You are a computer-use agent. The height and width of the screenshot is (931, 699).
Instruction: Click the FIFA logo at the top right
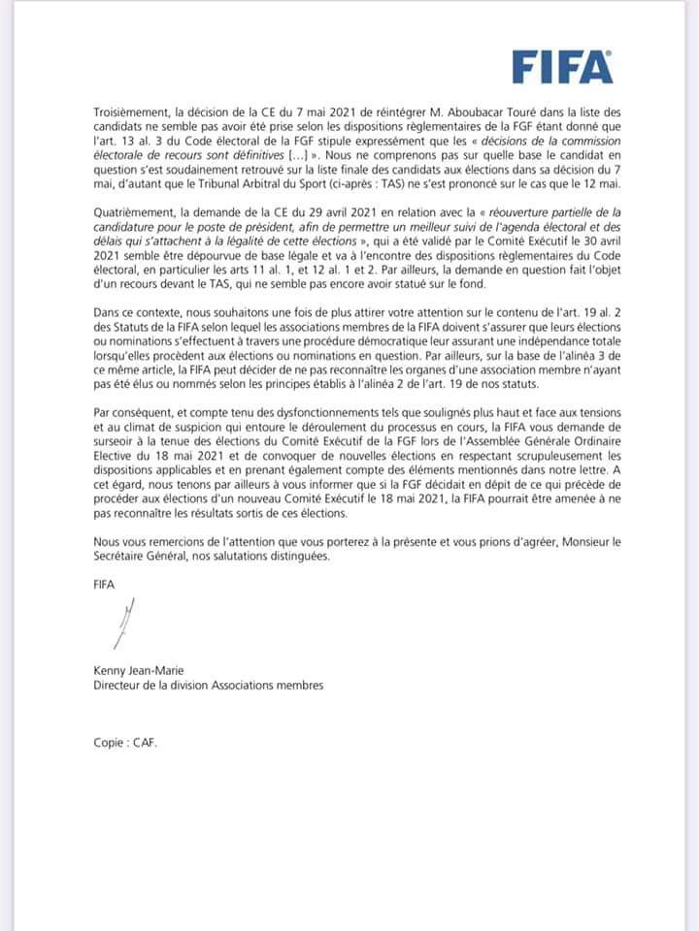coord(562,68)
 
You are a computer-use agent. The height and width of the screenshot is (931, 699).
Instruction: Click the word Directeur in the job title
coord(109,687)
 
